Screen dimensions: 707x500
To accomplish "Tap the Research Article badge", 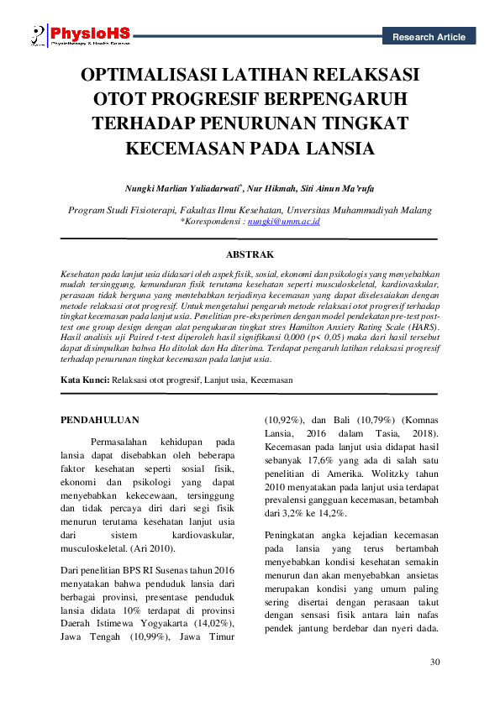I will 428,37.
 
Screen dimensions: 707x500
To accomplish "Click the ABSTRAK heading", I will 250,253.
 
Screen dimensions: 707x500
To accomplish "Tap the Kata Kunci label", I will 86,380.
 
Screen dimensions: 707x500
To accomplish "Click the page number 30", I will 434,663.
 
